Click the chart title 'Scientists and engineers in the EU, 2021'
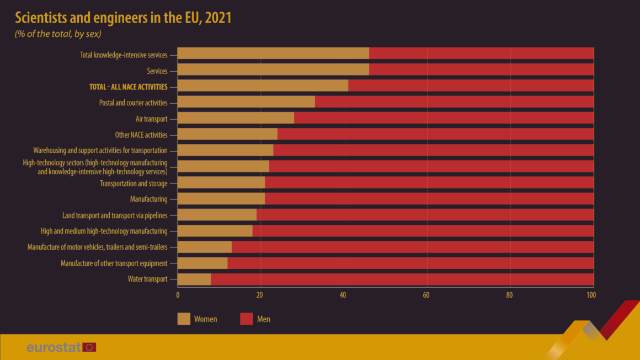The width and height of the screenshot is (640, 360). pyautogui.click(x=123, y=18)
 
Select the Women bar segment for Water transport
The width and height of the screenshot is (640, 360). pyautogui.click(x=194, y=280)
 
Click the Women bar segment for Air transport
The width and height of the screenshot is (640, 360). pyautogui.click(x=236, y=119)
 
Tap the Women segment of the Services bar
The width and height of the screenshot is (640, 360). pyautogui.click(x=273, y=70)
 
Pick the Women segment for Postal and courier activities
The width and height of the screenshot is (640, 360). pyautogui.click(x=246, y=102)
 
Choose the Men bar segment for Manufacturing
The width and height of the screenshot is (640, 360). pyautogui.click(x=429, y=199)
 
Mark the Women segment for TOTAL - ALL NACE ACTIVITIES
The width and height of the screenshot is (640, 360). pyautogui.click(x=263, y=86)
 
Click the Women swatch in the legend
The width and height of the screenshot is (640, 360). pyautogui.click(x=184, y=319)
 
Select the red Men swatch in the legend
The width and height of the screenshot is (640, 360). pyautogui.click(x=247, y=319)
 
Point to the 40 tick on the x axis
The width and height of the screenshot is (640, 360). pyautogui.click(x=343, y=295)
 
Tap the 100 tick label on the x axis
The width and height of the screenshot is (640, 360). pyautogui.click(x=591, y=295)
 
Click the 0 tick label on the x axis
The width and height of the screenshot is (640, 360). pyautogui.click(x=178, y=295)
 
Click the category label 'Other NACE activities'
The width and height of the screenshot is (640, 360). pyautogui.click(x=138, y=135)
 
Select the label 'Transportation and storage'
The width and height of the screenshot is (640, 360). pyautogui.click(x=134, y=184)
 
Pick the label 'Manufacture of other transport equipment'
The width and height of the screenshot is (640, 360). pyautogui.click(x=114, y=264)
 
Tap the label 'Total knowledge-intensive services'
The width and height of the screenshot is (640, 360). pyautogui.click(x=123, y=55)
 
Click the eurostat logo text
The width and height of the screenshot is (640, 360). pyautogui.click(x=54, y=347)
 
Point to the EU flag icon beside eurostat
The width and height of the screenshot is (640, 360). pyautogui.click(x=89, y=347)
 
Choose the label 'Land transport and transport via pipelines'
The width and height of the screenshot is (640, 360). pyautogui.click(x=115, y=216)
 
